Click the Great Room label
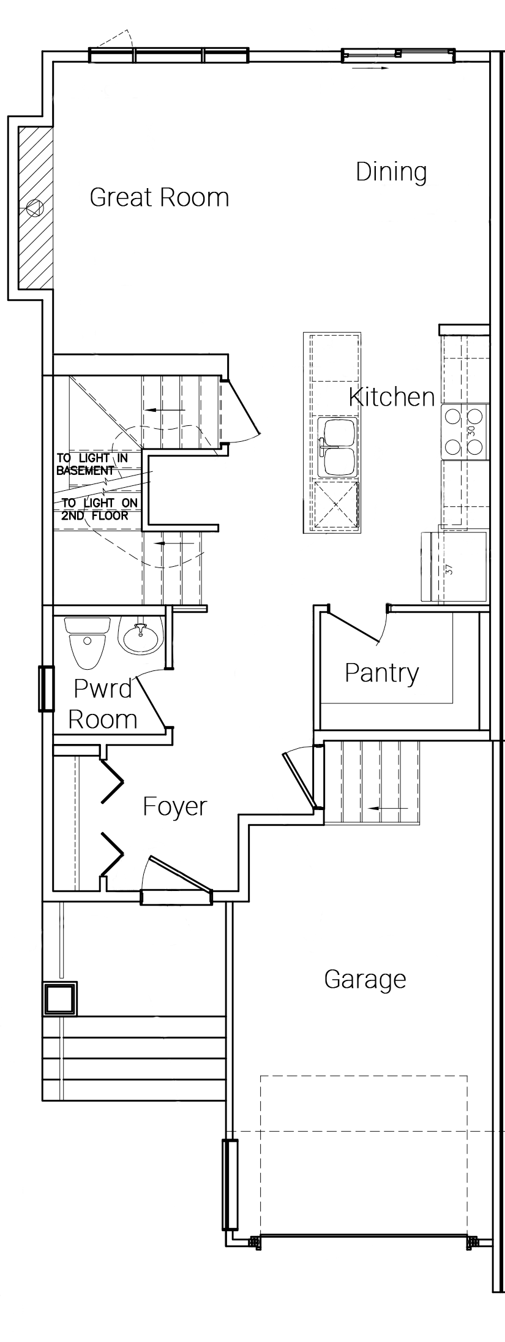click(159, 197)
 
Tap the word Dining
click(391, 172)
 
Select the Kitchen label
click(392, 397)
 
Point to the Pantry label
click(382, 673)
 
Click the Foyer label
click(175, 807)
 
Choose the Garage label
click(365, 979)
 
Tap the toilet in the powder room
click(87, 643)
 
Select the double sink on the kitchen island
click(338, 447)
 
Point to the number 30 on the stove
click(471, 431)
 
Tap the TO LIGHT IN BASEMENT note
click(92, 464)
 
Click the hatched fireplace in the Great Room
click(35, 208)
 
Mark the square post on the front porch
click(60, 999)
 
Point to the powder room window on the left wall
click(46, 689)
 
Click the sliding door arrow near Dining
click(370, 68)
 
